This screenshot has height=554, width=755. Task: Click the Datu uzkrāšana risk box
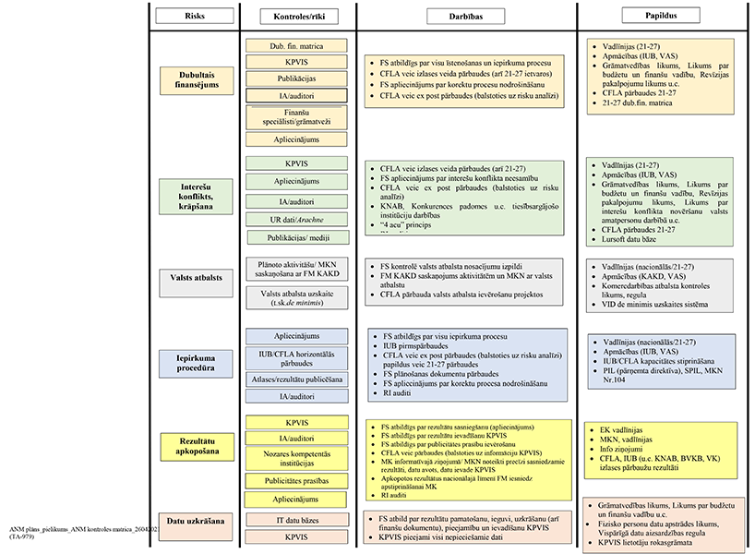click(193, 522)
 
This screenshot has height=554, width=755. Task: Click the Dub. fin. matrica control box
click(296, 45)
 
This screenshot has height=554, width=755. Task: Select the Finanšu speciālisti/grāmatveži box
click(296, 115)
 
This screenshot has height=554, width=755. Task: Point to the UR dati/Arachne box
click(296, 219)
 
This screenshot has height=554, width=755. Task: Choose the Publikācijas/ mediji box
click(296, 236)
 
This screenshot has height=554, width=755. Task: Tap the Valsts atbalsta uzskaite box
click(296, 296)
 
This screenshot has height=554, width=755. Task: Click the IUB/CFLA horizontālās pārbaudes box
click(296, 356)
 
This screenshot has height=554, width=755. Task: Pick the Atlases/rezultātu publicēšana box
click(296, 379)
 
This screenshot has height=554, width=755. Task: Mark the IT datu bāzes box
click(296, 521)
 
